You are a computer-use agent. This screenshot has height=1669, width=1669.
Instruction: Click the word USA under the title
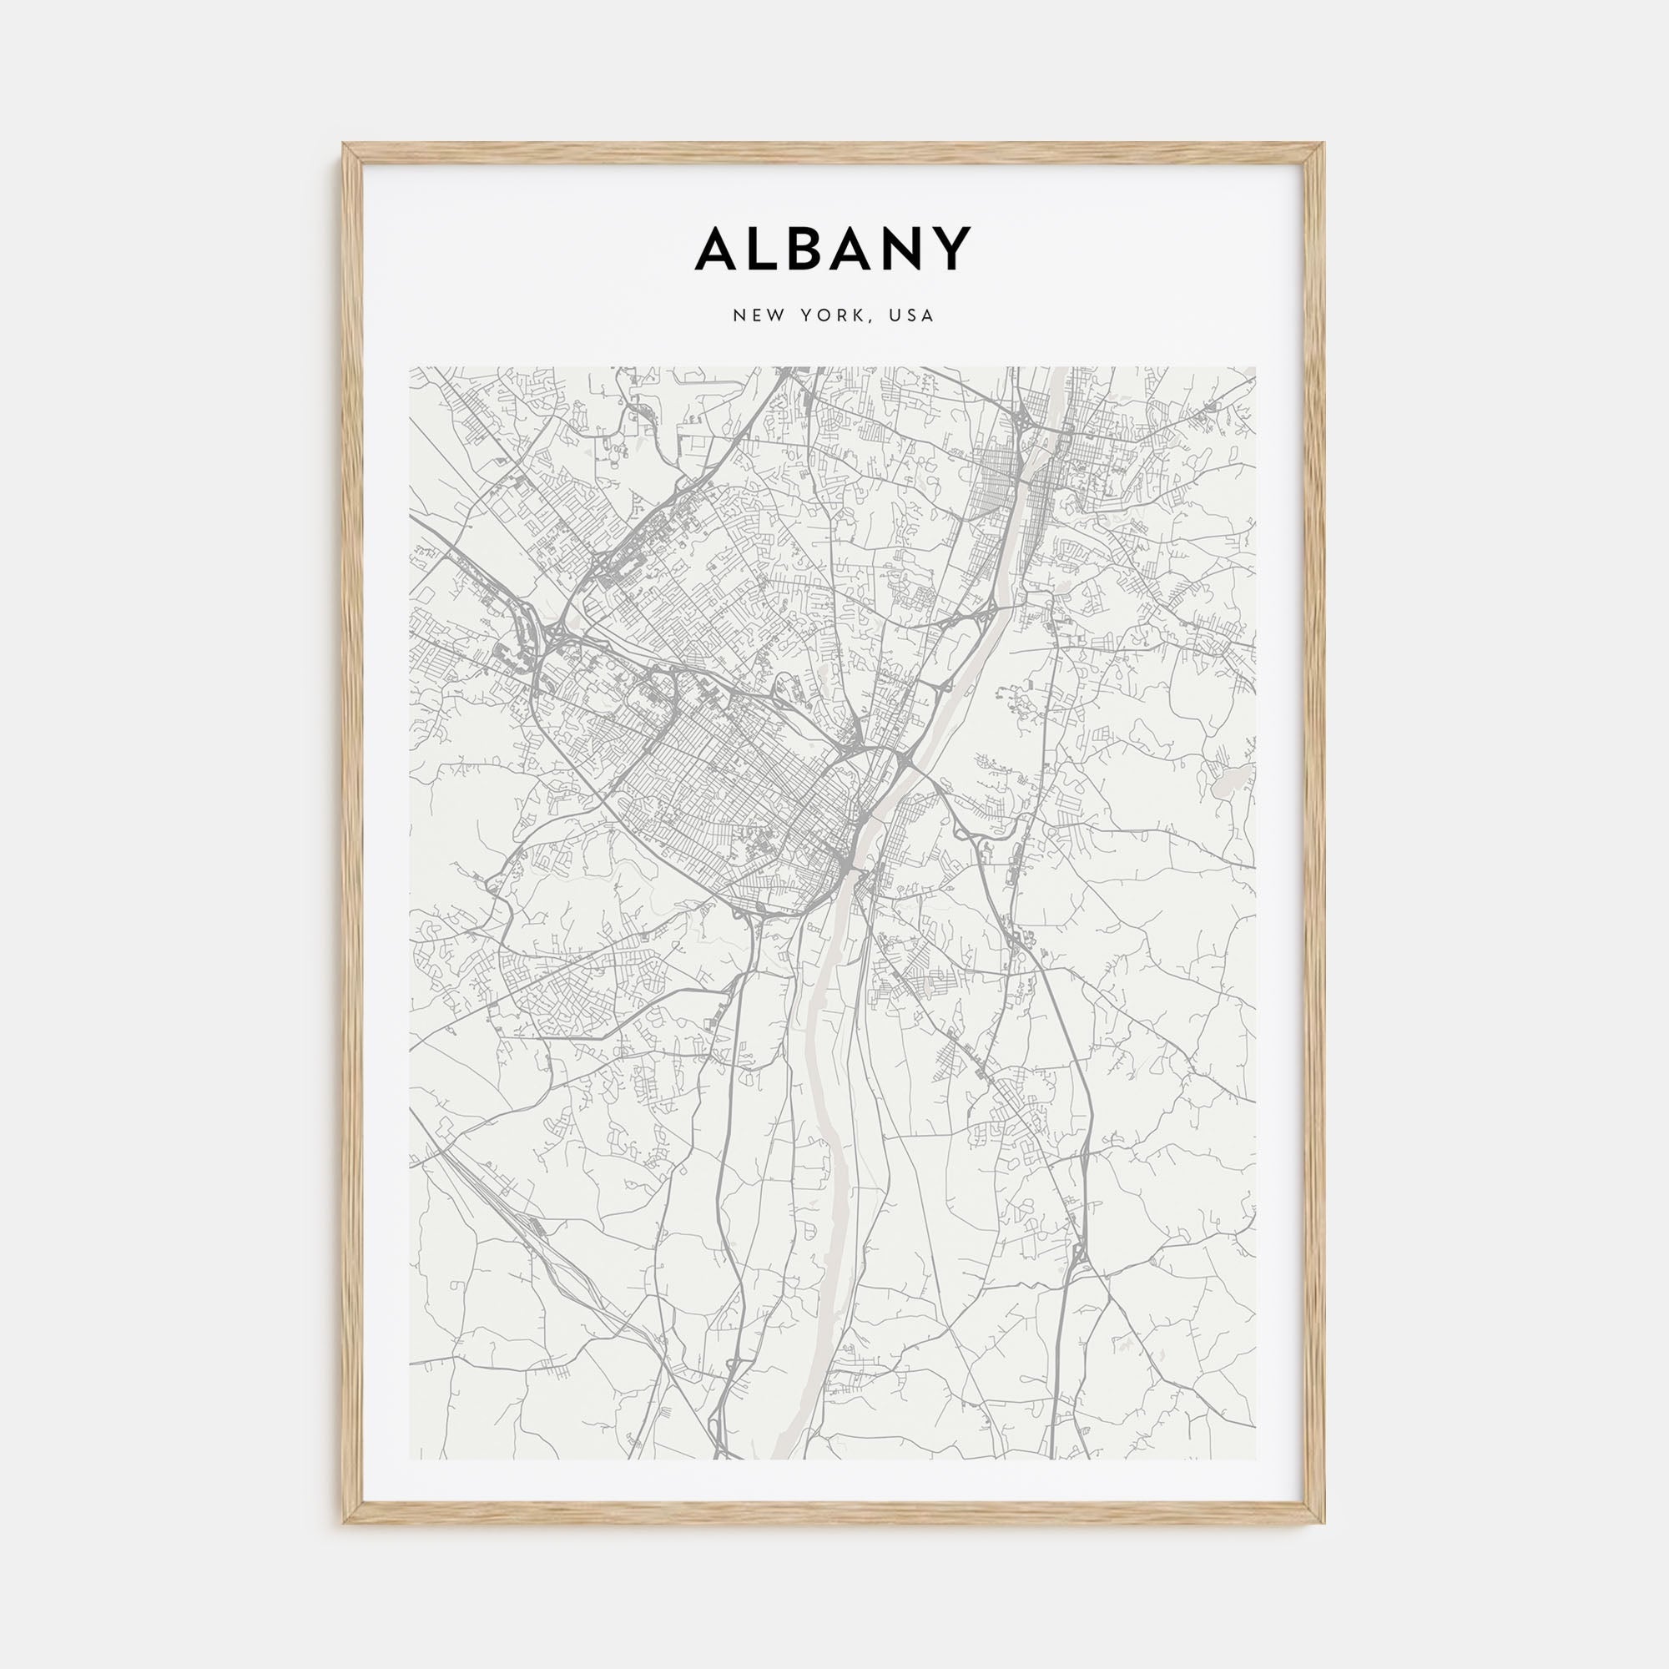click(915, 316)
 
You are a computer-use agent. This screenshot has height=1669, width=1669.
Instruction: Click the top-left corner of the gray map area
click(411, 367)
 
